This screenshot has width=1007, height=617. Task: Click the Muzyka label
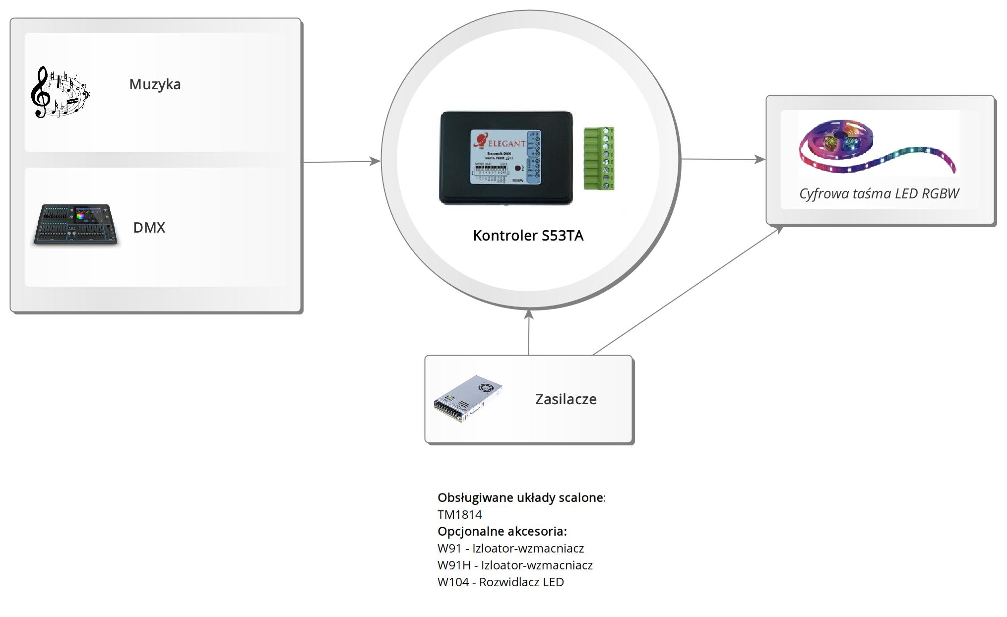[155, 84]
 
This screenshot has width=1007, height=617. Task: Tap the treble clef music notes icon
[59, 93]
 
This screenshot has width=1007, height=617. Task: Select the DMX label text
[149, 228]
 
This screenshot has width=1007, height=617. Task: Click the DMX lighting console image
[76, 225]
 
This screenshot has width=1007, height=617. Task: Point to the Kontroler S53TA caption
[528, 236]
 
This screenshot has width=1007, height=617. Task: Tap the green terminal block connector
[599, 158]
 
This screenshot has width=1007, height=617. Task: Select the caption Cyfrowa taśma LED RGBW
[879, 193]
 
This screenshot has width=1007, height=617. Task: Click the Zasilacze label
[566, 399]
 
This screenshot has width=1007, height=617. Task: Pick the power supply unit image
[468, 399]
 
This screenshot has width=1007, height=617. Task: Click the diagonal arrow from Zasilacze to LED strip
[688, 291]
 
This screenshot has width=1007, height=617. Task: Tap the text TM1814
[459, 515]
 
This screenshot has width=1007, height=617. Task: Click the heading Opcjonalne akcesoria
[502, 532]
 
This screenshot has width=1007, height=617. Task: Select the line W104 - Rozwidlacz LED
[501, 582]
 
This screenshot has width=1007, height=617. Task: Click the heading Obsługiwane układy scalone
[521, 498]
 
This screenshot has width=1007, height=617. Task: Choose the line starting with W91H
[515, 565]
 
